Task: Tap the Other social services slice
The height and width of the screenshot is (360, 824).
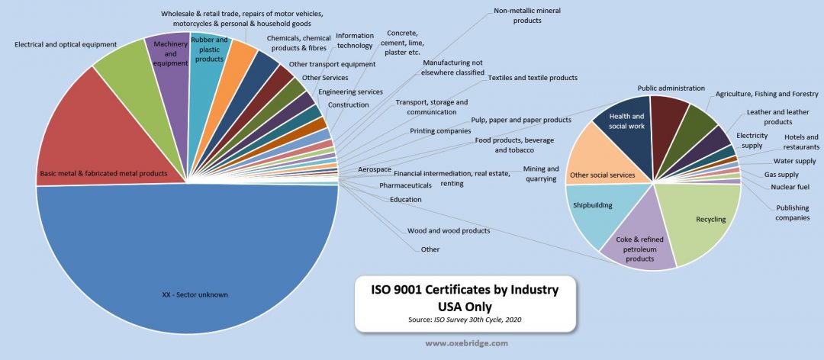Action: coord(603,164)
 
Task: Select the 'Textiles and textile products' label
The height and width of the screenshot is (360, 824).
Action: coord(533,78)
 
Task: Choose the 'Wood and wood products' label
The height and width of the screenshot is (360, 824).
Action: coord(449,230)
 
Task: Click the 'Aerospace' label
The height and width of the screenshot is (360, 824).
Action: coord(375,169)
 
